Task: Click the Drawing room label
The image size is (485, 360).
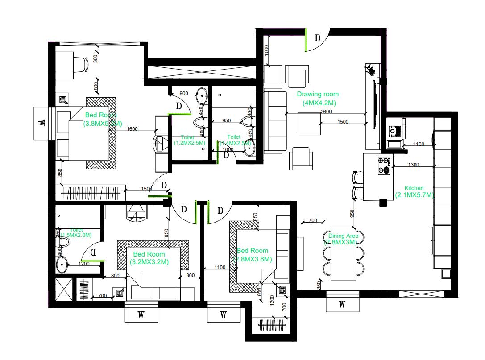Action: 318,99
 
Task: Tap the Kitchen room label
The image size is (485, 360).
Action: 414,191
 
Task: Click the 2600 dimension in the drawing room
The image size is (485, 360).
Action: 326,112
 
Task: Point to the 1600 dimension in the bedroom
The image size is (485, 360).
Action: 132,129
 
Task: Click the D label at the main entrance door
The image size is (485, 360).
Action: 318,38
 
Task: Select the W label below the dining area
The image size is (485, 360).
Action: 342,304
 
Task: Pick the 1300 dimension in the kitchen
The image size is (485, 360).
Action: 414,165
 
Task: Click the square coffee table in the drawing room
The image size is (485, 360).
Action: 309,123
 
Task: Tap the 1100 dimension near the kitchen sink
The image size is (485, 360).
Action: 419,144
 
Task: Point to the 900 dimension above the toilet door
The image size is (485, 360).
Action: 184,93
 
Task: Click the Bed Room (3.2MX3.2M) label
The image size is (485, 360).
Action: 149,258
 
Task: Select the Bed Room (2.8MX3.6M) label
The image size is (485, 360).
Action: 253,255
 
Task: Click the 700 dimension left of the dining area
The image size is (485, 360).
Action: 313,220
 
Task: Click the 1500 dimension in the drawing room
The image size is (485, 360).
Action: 343,122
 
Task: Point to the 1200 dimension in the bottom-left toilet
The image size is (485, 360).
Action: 84,264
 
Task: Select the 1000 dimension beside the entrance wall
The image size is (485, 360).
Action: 267,50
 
